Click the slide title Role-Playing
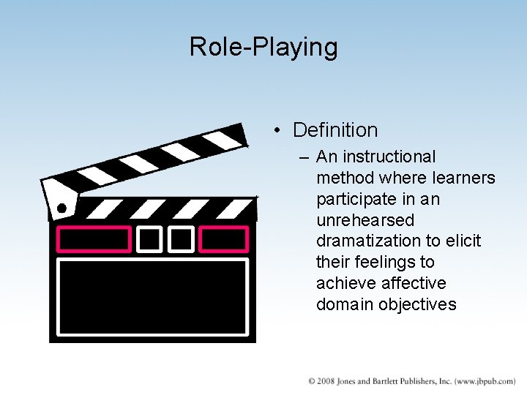[x=263, y=47]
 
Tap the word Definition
[x=335, y=130]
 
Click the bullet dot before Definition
[x=277, y=131]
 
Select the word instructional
[x=389, y=157]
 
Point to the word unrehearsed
[x=365, y=220]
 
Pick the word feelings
[x=389, y=262]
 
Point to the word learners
[x=464, y=178]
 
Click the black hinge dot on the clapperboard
[x=61, y=208]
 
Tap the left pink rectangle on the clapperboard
[x=94, y=239]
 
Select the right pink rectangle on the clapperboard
[x=224, y=239]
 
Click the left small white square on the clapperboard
[x=150, y=239]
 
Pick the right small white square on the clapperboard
[x=181, y=239]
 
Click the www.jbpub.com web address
[x=485, y=382]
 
